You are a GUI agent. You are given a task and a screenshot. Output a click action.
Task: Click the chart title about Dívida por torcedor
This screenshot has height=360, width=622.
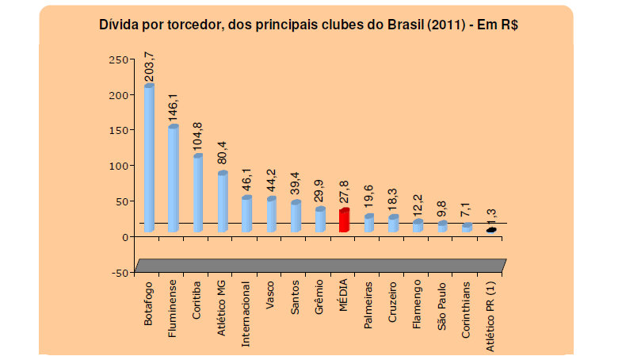314,25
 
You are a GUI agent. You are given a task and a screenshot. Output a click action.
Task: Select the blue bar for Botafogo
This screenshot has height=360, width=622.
149,159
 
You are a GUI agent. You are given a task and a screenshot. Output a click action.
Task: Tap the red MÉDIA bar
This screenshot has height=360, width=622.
344,220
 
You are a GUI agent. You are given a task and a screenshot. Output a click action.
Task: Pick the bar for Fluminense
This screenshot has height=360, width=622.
174,178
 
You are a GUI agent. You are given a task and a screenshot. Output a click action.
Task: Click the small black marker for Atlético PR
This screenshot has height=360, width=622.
491,230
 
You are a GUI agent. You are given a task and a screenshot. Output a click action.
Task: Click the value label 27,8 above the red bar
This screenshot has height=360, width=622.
345,190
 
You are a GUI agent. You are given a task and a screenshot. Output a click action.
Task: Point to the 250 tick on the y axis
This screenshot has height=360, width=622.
118,59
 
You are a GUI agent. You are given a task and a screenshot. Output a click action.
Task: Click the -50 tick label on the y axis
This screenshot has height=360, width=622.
119,272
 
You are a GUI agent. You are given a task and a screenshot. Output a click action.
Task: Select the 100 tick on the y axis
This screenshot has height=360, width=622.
118,166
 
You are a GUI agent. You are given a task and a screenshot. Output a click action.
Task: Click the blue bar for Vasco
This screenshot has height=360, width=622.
271,214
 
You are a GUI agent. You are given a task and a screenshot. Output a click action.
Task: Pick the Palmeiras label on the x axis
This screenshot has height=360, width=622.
368,302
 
